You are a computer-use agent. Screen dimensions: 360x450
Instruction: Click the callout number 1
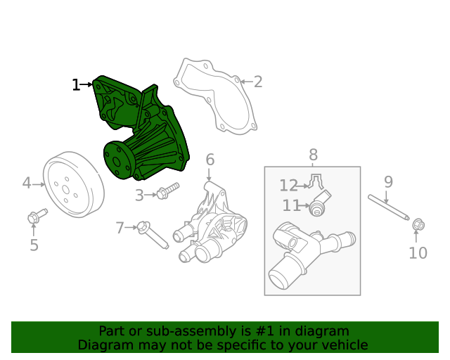coord(76,85)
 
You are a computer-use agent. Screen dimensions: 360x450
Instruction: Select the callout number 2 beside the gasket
coord(258,82)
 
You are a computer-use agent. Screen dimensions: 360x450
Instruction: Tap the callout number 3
coord(139,195)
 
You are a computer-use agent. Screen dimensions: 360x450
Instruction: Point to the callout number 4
coord(27,184)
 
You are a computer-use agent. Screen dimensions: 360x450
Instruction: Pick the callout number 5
coord(34,245)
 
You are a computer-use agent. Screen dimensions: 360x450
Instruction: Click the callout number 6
coord(210,160)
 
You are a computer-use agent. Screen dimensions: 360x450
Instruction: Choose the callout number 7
coord(120,228)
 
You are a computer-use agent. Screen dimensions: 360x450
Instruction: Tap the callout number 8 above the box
coord(313,155)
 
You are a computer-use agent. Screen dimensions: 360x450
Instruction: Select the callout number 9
coord(388,183)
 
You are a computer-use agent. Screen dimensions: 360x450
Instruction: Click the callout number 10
coord(418,253)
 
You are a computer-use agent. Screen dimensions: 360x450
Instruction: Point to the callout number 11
coord(291,206)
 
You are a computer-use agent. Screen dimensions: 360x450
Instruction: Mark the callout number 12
coord(288,186)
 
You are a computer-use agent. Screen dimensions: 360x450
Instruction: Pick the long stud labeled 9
coord(389,207)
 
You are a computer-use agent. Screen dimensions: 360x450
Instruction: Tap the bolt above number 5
coord(37,215)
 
